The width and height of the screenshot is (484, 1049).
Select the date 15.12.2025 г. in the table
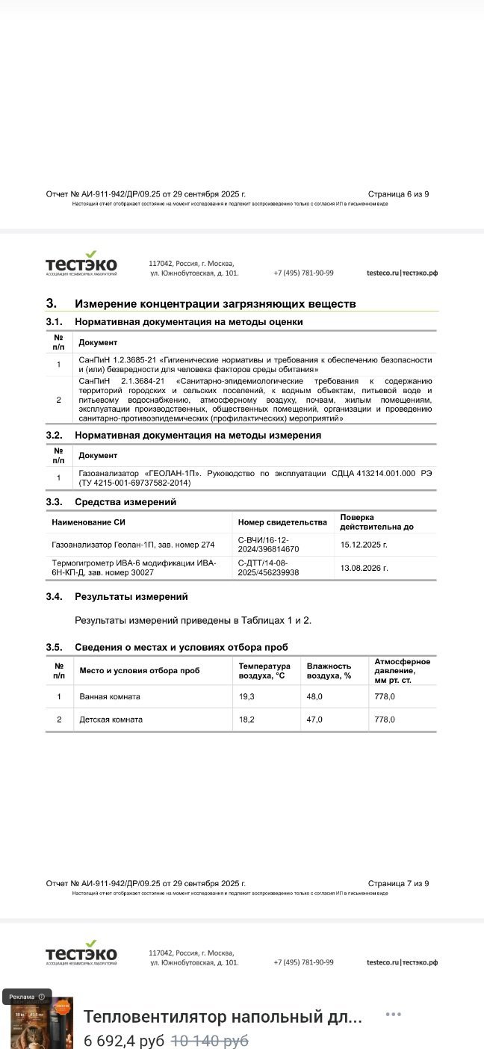click(x=364, y=545)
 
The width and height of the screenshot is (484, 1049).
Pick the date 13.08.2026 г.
click(x=364, y=568)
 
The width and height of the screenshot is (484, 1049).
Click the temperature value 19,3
click(x=246, y=696)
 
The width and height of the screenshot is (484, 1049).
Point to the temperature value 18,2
click(x=246, y=720)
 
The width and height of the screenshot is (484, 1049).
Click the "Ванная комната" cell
click(x=110, y=696)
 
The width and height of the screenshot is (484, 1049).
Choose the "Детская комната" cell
click(x=111, y=720)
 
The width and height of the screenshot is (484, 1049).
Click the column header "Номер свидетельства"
click(x=282, y=522)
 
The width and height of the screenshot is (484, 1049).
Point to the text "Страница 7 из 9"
click(x=398, y=883)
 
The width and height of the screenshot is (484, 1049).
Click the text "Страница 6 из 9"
click(x=398, y=194)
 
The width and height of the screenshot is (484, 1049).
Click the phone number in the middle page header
click(x=303, y=273)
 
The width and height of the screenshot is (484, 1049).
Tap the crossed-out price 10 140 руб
click(x=210, y=1040)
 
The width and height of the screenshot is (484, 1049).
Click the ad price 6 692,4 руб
click(x=124, y=1040)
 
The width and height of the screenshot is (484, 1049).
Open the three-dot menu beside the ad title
click(x=394, y=1014)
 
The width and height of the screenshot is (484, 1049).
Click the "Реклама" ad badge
click(x=27, y=997)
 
